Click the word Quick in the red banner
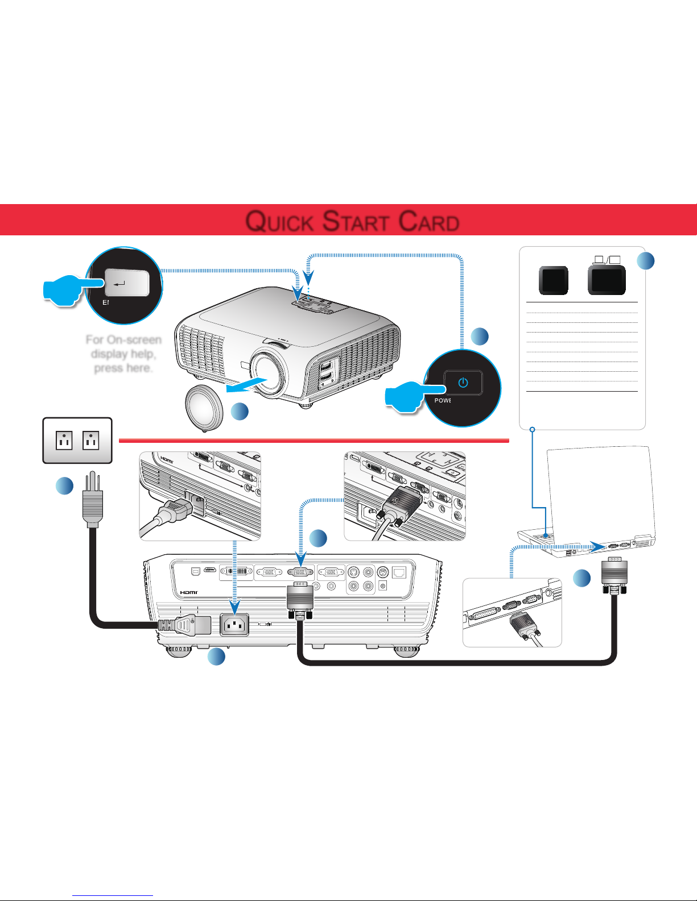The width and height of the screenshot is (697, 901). tap(279, 221)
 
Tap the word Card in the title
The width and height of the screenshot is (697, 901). tap(429, 221)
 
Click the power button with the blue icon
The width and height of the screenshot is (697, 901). tap(463, 383)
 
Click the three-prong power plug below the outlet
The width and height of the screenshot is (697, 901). tap(92, 501)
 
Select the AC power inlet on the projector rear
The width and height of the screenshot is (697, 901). tap(234, 626)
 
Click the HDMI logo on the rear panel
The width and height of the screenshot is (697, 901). tap(188, 593)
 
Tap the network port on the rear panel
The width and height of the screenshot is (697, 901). tap(399, 572)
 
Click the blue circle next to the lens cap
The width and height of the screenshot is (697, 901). tap(240, 411)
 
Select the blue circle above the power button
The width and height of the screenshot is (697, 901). tap(480, 336)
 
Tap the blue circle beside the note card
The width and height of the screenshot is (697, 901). tap(645, 261)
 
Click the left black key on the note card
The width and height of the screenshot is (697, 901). tap(553, 280)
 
